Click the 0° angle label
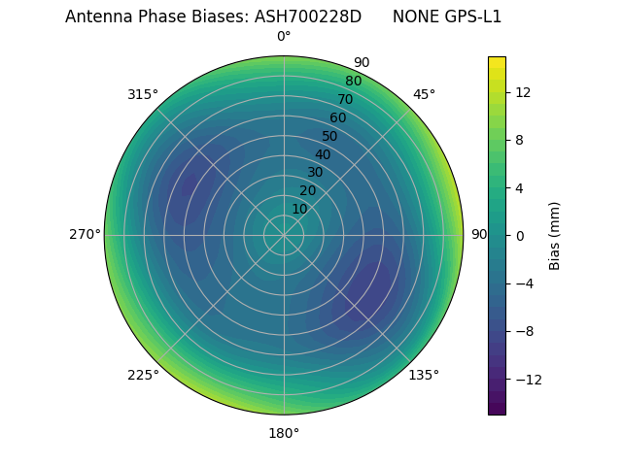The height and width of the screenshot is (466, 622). coord(284,37)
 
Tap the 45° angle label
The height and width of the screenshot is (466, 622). coord(424,94)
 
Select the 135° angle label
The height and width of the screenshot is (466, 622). coord(424,375)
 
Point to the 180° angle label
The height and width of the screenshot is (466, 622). coord(284,433)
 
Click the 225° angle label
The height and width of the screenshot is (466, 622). coord(143,375)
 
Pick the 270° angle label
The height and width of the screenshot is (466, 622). coord(85,234)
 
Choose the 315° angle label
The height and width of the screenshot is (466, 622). coord(143,94)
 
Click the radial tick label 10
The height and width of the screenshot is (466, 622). coord(299,209)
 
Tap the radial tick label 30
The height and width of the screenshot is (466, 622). coord(315,173)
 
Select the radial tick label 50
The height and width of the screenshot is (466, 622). coord(330,137)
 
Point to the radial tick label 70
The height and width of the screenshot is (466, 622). coord(345,100)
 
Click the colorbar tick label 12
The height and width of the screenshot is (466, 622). coord(522,92)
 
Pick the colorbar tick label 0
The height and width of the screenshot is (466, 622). coord(518,235)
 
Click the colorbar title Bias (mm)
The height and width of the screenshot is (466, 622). coord(555,235)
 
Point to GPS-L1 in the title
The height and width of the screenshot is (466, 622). coord(471,17)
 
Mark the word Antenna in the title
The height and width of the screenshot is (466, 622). coord(96,17)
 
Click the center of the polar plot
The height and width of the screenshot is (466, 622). coord(284,235)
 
